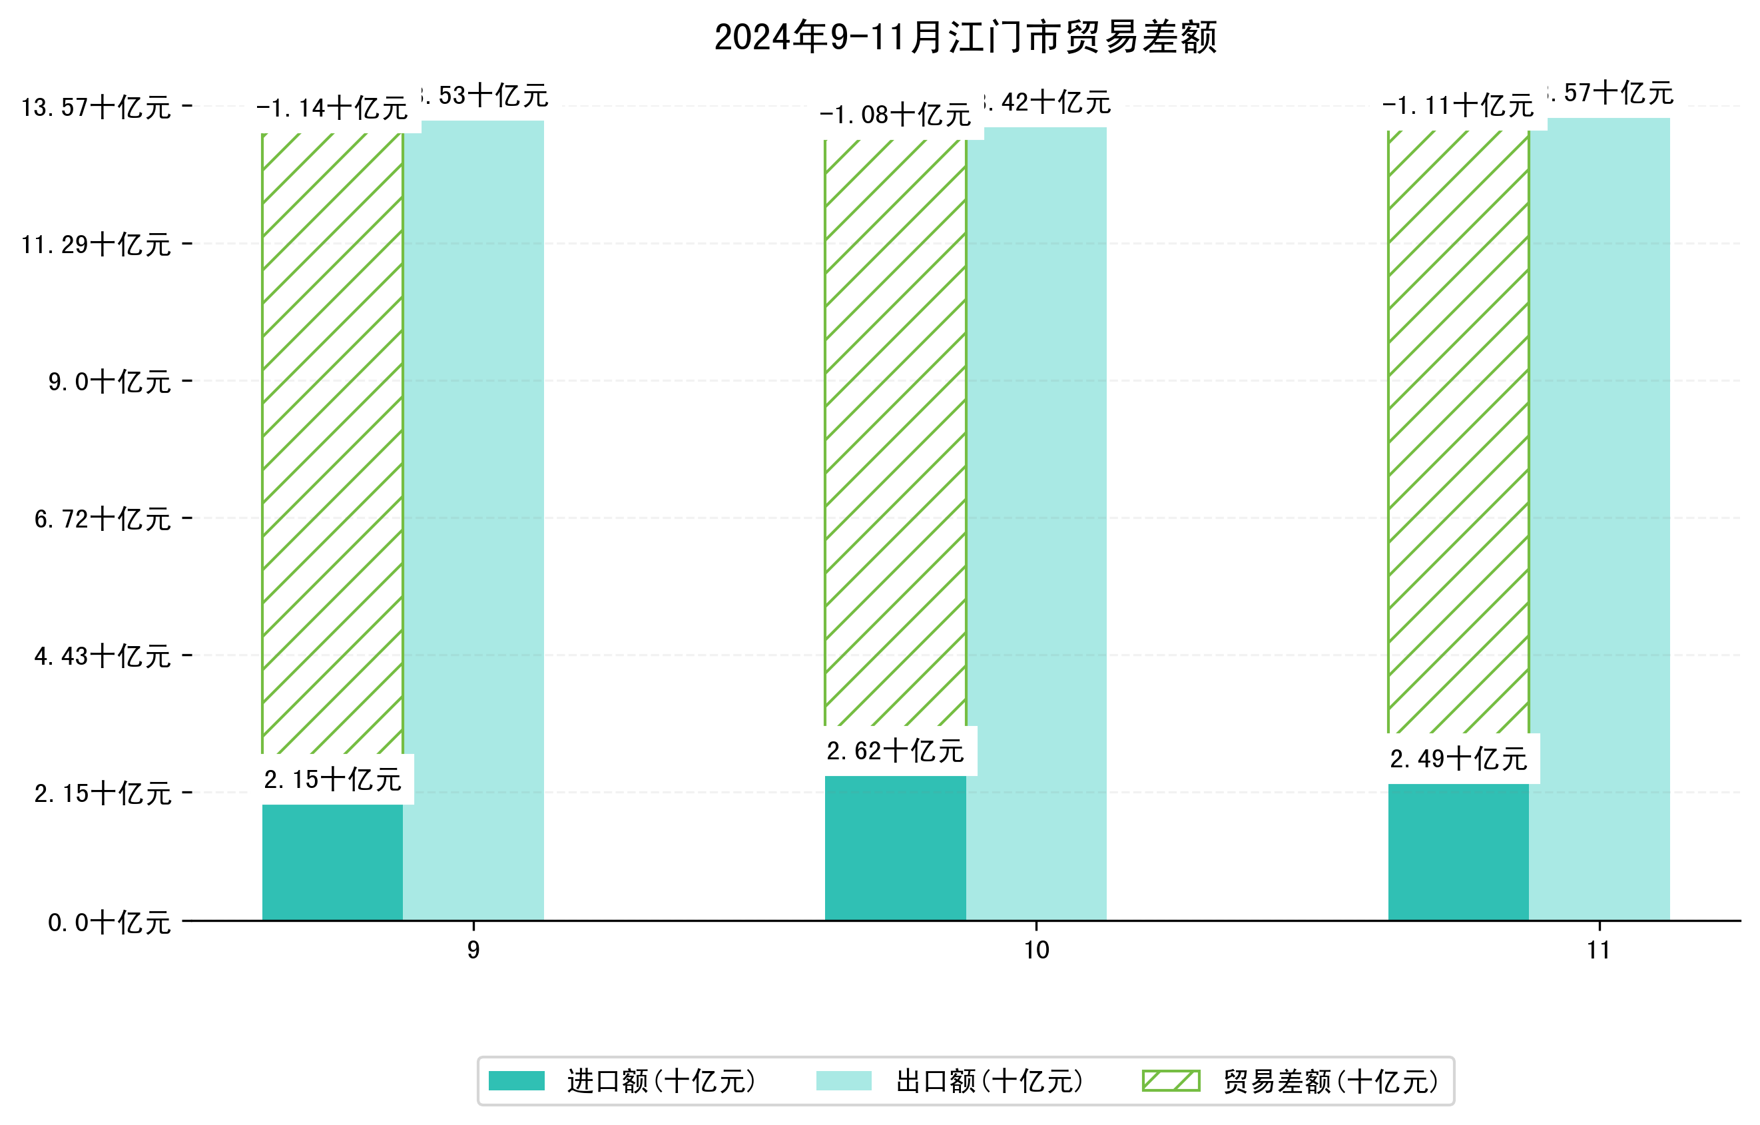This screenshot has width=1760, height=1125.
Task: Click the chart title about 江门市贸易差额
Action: [965, 37]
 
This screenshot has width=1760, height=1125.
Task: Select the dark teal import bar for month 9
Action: [332, 862]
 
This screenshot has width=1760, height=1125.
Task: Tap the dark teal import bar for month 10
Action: [896, 847]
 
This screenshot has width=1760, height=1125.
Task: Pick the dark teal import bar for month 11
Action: [1458, 852]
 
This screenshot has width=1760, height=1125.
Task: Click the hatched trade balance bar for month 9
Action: [332, 438]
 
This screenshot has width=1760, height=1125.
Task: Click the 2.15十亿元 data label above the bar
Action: [332, 780]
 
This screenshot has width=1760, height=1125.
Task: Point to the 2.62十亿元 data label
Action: [896, 751]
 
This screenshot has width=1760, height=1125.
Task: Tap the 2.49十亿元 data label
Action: [1459, 759]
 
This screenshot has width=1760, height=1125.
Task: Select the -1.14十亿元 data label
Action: [332, 108]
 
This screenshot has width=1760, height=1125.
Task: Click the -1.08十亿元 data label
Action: [896, 115]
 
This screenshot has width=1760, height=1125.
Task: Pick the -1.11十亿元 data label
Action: [1458, 106]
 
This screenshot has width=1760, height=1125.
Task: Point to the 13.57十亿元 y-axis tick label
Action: [96, 107]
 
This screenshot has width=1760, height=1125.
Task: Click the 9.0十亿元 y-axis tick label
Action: [110, 382]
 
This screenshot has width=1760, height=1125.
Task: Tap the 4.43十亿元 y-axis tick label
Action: [103, 655]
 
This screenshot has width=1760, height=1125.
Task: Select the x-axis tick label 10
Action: [1036, 950]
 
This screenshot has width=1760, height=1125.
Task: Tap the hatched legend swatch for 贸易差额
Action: [1171, 1080]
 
